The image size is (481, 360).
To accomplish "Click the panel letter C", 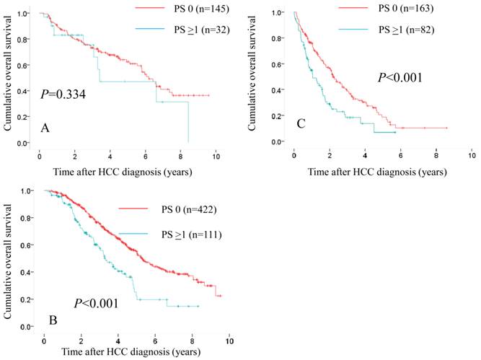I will pos(301,124).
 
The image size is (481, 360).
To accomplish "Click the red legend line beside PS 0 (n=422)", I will pos(127,209).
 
